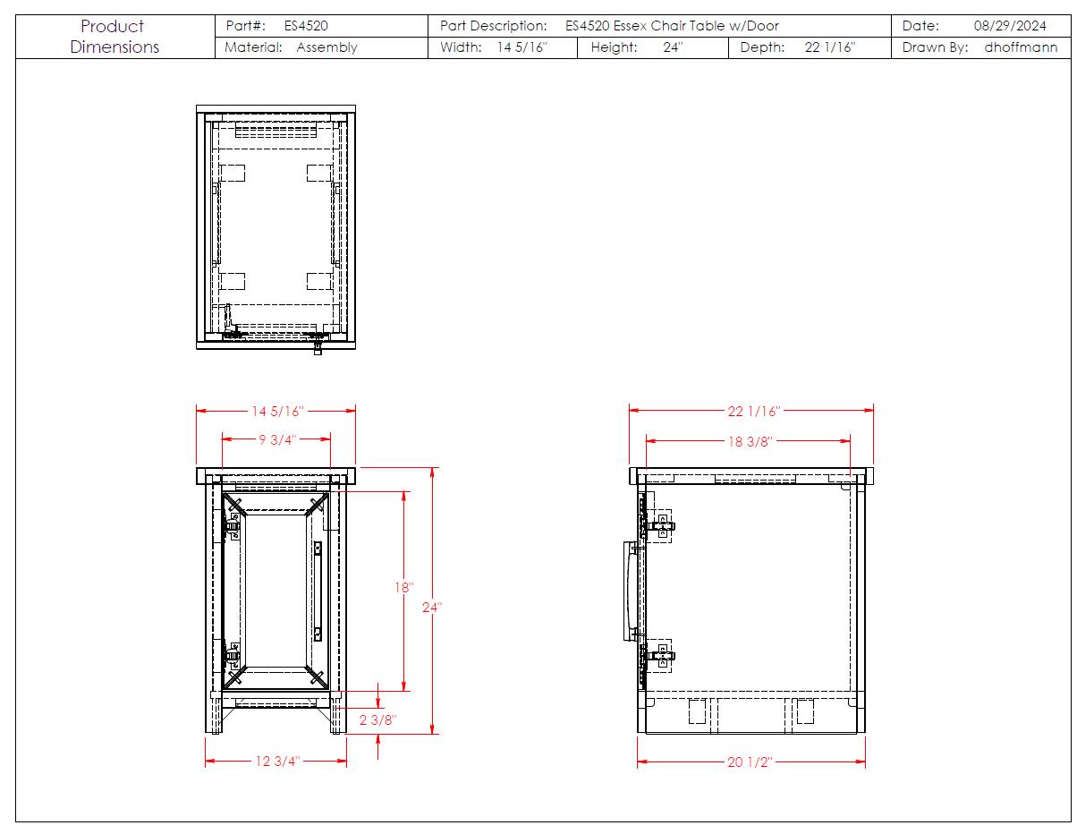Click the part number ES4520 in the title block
click(x=306, y=26)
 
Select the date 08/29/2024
click(x=1010, y=26)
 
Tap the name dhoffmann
click(x=1021, y=47)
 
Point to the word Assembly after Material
click(x=326, y=47)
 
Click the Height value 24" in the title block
click(x=673, y=47)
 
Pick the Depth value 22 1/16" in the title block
click(x=830, y=47)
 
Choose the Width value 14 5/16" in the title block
click(x=522, y=47)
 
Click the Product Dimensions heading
click(x=114, y=36)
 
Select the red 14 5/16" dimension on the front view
click(x=277, y=411)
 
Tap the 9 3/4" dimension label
click(x=277, y=439)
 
